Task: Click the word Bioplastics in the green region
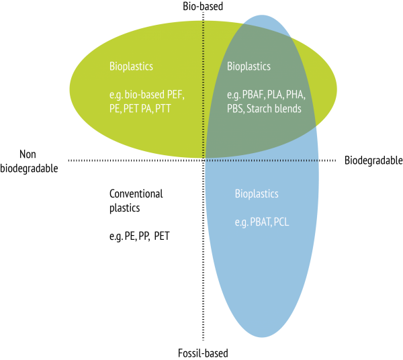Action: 131,66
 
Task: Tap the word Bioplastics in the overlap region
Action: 249,66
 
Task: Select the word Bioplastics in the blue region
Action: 257,194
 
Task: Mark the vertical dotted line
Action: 204,87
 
